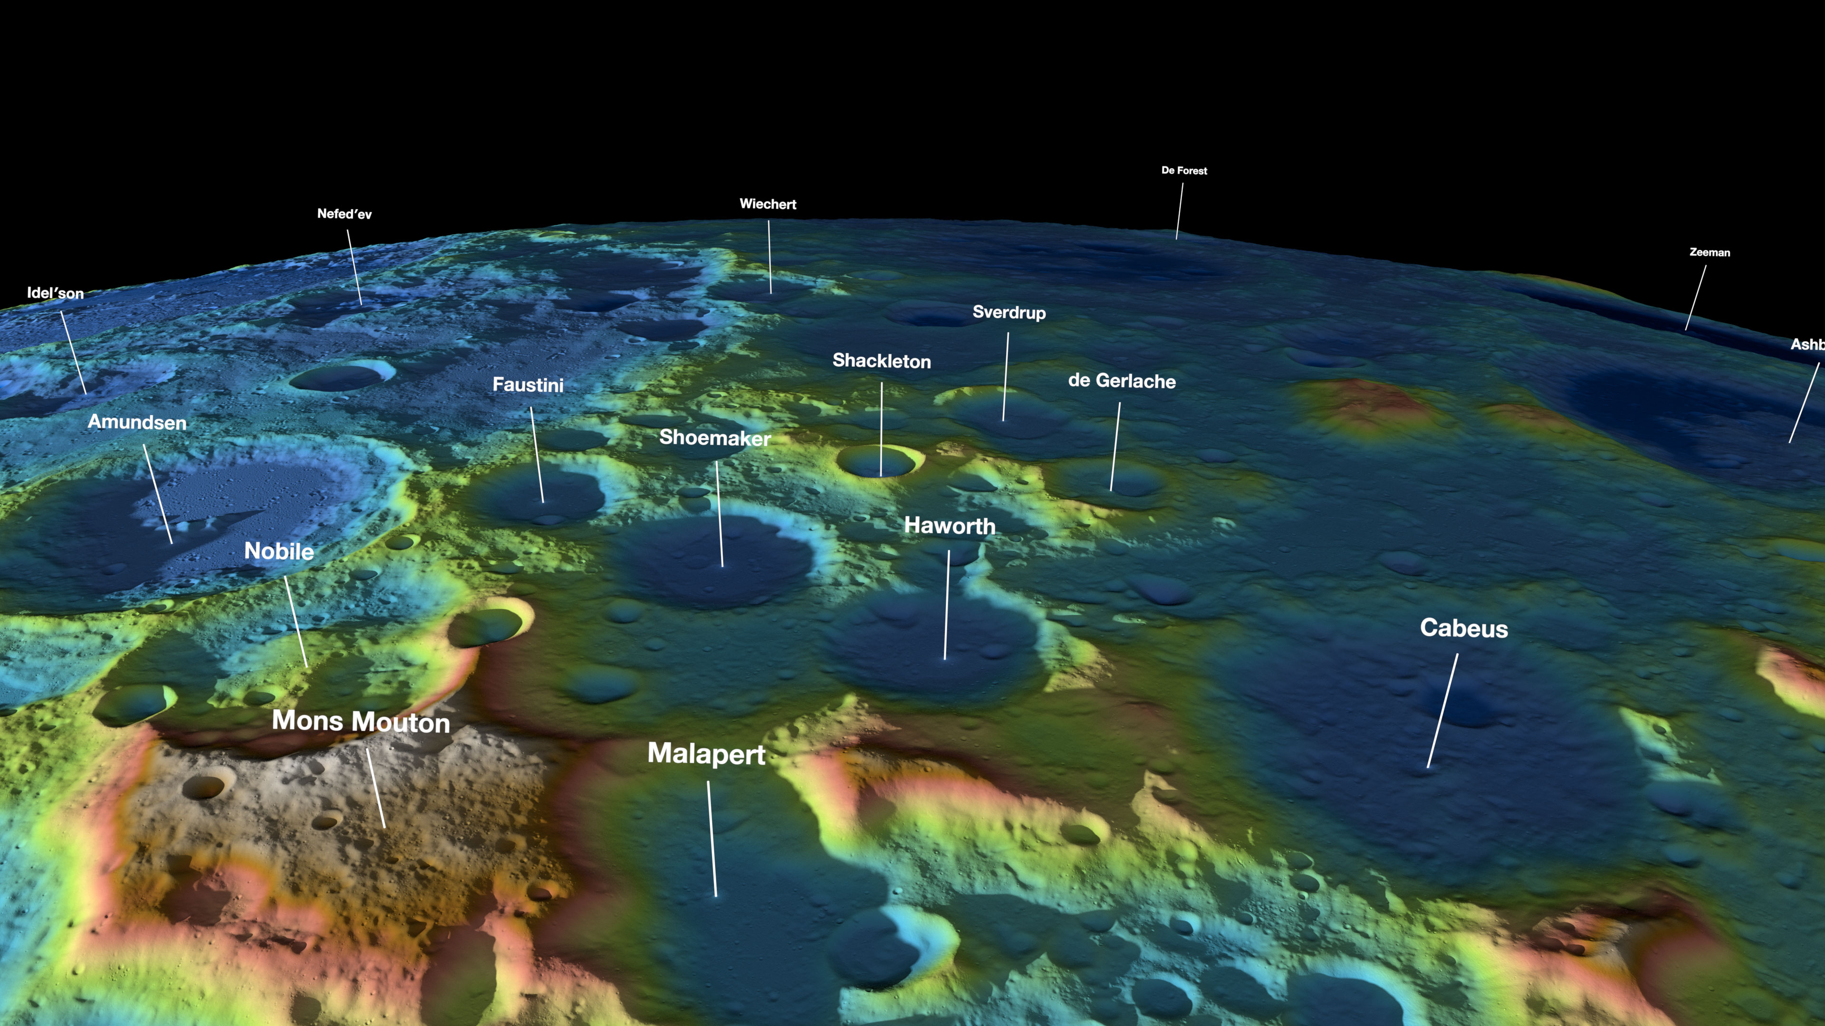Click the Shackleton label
point(881,361)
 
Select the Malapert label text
point(706,754)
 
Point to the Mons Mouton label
point(361,722)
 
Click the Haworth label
point(950,526)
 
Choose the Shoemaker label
point(715,437)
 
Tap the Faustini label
point(528,385)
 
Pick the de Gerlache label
point(1122,381)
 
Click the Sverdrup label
point(1009,312)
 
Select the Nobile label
point(279,551)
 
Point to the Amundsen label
point(137,422)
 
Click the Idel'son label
point(55,293)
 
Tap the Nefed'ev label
point(344,214)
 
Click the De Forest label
point(1184,171)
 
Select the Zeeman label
point(1710,253)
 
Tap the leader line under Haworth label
point(947,606)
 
